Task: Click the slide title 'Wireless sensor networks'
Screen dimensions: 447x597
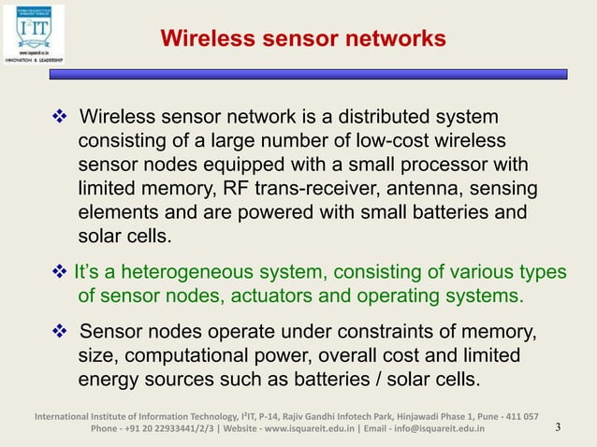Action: coord(302,39)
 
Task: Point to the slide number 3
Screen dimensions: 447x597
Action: coord(558,429)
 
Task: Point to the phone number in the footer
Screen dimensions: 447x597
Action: coord(166,429)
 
